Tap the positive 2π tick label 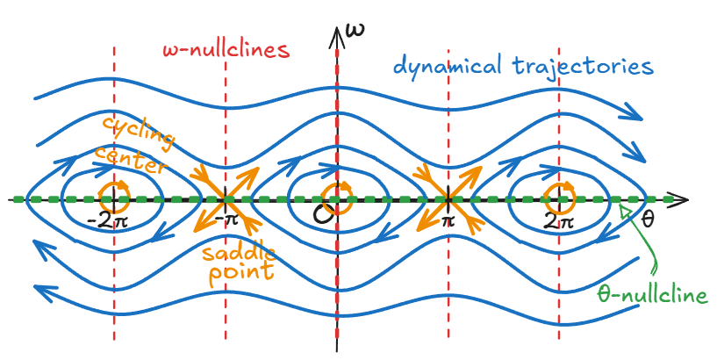560,219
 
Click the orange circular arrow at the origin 334,196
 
